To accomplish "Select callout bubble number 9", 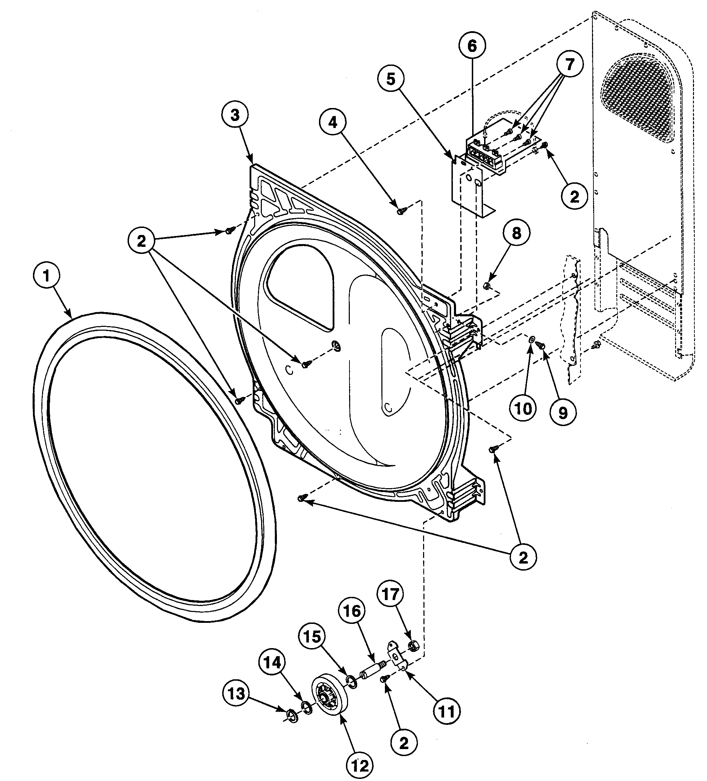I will click(x=563, y=413).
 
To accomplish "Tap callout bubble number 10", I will click(x=523, y=408).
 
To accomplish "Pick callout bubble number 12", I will click(x=360, y=765).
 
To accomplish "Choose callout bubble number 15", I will click(x=312, y=637).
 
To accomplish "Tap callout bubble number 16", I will click(x=352, y=611).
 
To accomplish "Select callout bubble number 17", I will click(x=390, y=594).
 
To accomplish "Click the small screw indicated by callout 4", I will click(x=400, y=211).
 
